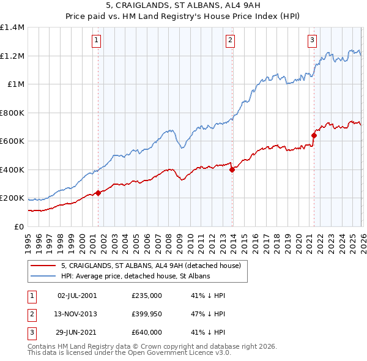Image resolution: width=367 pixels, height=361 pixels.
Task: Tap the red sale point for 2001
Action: click(98, 193)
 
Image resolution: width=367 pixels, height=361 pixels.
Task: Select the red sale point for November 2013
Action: click(232, 170)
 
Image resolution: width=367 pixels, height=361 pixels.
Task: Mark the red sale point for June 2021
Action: click(314, 136)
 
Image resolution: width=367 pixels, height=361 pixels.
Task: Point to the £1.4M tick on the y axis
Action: click(12, 28)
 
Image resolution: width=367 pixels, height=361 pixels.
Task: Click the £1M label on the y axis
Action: click(16, 84)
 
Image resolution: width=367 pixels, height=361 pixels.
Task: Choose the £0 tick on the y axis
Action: click(20, 226)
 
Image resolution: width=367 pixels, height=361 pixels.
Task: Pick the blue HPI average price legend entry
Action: click(135, 276)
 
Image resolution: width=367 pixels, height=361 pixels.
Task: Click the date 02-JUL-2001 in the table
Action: click(76, 296)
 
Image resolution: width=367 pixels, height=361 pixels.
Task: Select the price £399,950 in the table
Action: click(146, 314)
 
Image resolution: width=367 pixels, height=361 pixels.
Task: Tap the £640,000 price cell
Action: click(146, 332)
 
